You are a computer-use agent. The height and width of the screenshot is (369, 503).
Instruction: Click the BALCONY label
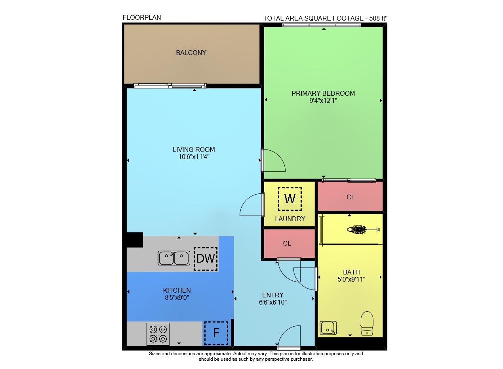[191, 53]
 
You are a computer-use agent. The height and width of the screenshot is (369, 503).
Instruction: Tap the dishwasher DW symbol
[206, 259]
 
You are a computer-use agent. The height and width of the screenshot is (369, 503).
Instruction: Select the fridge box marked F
[216, 333]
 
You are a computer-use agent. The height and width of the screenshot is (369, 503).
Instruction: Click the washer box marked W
[290, 199]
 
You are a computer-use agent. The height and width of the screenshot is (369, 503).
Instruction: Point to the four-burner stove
[158, 334]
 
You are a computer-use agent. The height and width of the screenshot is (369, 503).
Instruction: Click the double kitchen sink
[174, 258]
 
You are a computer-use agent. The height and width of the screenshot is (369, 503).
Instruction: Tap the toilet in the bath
[367, 323]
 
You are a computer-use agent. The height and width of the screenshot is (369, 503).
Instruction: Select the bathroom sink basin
[328, 328]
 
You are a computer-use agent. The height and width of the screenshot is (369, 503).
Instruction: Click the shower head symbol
[363, 229]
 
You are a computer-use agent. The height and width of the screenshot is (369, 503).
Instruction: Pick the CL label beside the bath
[350, 197]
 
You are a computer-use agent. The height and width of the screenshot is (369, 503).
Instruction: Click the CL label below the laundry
[287, 244]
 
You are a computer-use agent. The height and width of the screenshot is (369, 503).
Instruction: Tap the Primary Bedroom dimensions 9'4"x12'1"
[323, 101]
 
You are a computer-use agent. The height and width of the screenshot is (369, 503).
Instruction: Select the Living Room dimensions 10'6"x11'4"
[194, 157]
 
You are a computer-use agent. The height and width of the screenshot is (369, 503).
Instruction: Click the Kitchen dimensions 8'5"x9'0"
[177, 297]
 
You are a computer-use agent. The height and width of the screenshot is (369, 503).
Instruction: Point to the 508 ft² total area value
[378, 18]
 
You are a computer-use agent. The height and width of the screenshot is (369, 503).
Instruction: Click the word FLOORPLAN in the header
[142, 17]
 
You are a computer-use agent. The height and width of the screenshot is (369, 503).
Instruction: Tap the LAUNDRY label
[290, 219]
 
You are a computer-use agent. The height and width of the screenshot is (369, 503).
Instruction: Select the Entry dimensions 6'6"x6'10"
[273, 302]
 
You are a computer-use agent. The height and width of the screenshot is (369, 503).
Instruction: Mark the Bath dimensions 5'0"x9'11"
[351, 279]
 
